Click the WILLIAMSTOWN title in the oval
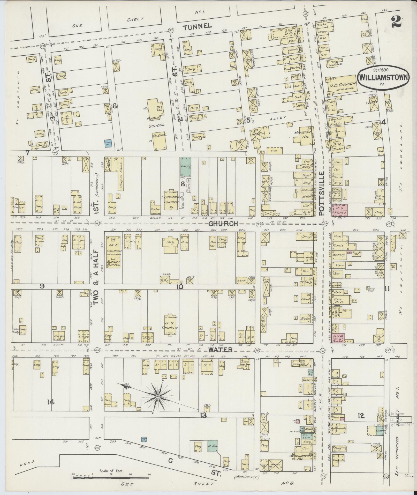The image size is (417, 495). (x=383, y=77)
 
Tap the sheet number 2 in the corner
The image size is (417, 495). (x=396, y=21)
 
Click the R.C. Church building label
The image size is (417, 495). (x=342, y=84)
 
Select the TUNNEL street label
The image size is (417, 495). (x=197, y=26)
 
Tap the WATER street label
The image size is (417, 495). (x=221, y=350)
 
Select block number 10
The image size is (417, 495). (x=180, y=287)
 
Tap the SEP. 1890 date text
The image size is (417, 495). (x=383, y=70)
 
